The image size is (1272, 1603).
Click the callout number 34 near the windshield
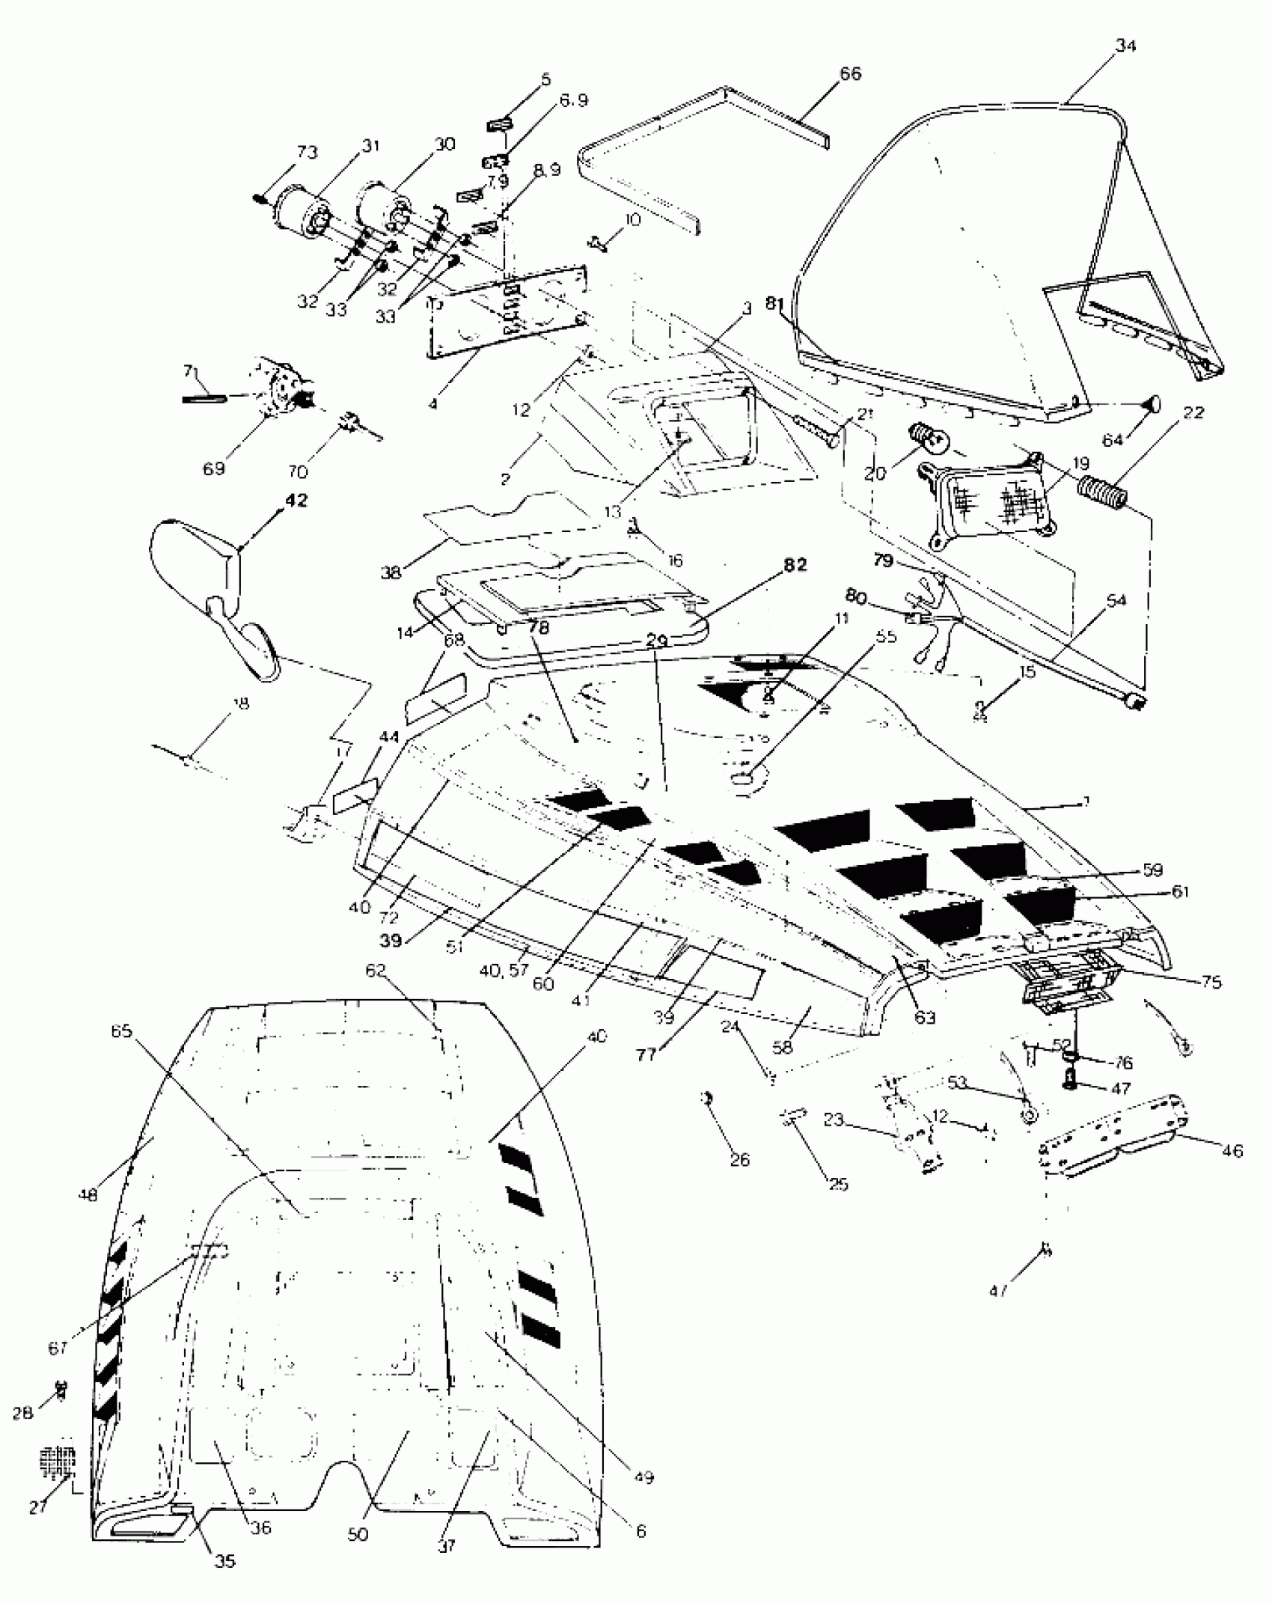pos(1125,46)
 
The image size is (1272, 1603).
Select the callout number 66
pos(850,73)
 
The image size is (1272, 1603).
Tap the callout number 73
pos(307,152)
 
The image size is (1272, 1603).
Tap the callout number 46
pos(1232,1150)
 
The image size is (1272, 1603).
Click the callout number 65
pos(121,1031)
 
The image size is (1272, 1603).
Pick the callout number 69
pos(214,468)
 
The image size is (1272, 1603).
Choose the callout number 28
pos(23,1413)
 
